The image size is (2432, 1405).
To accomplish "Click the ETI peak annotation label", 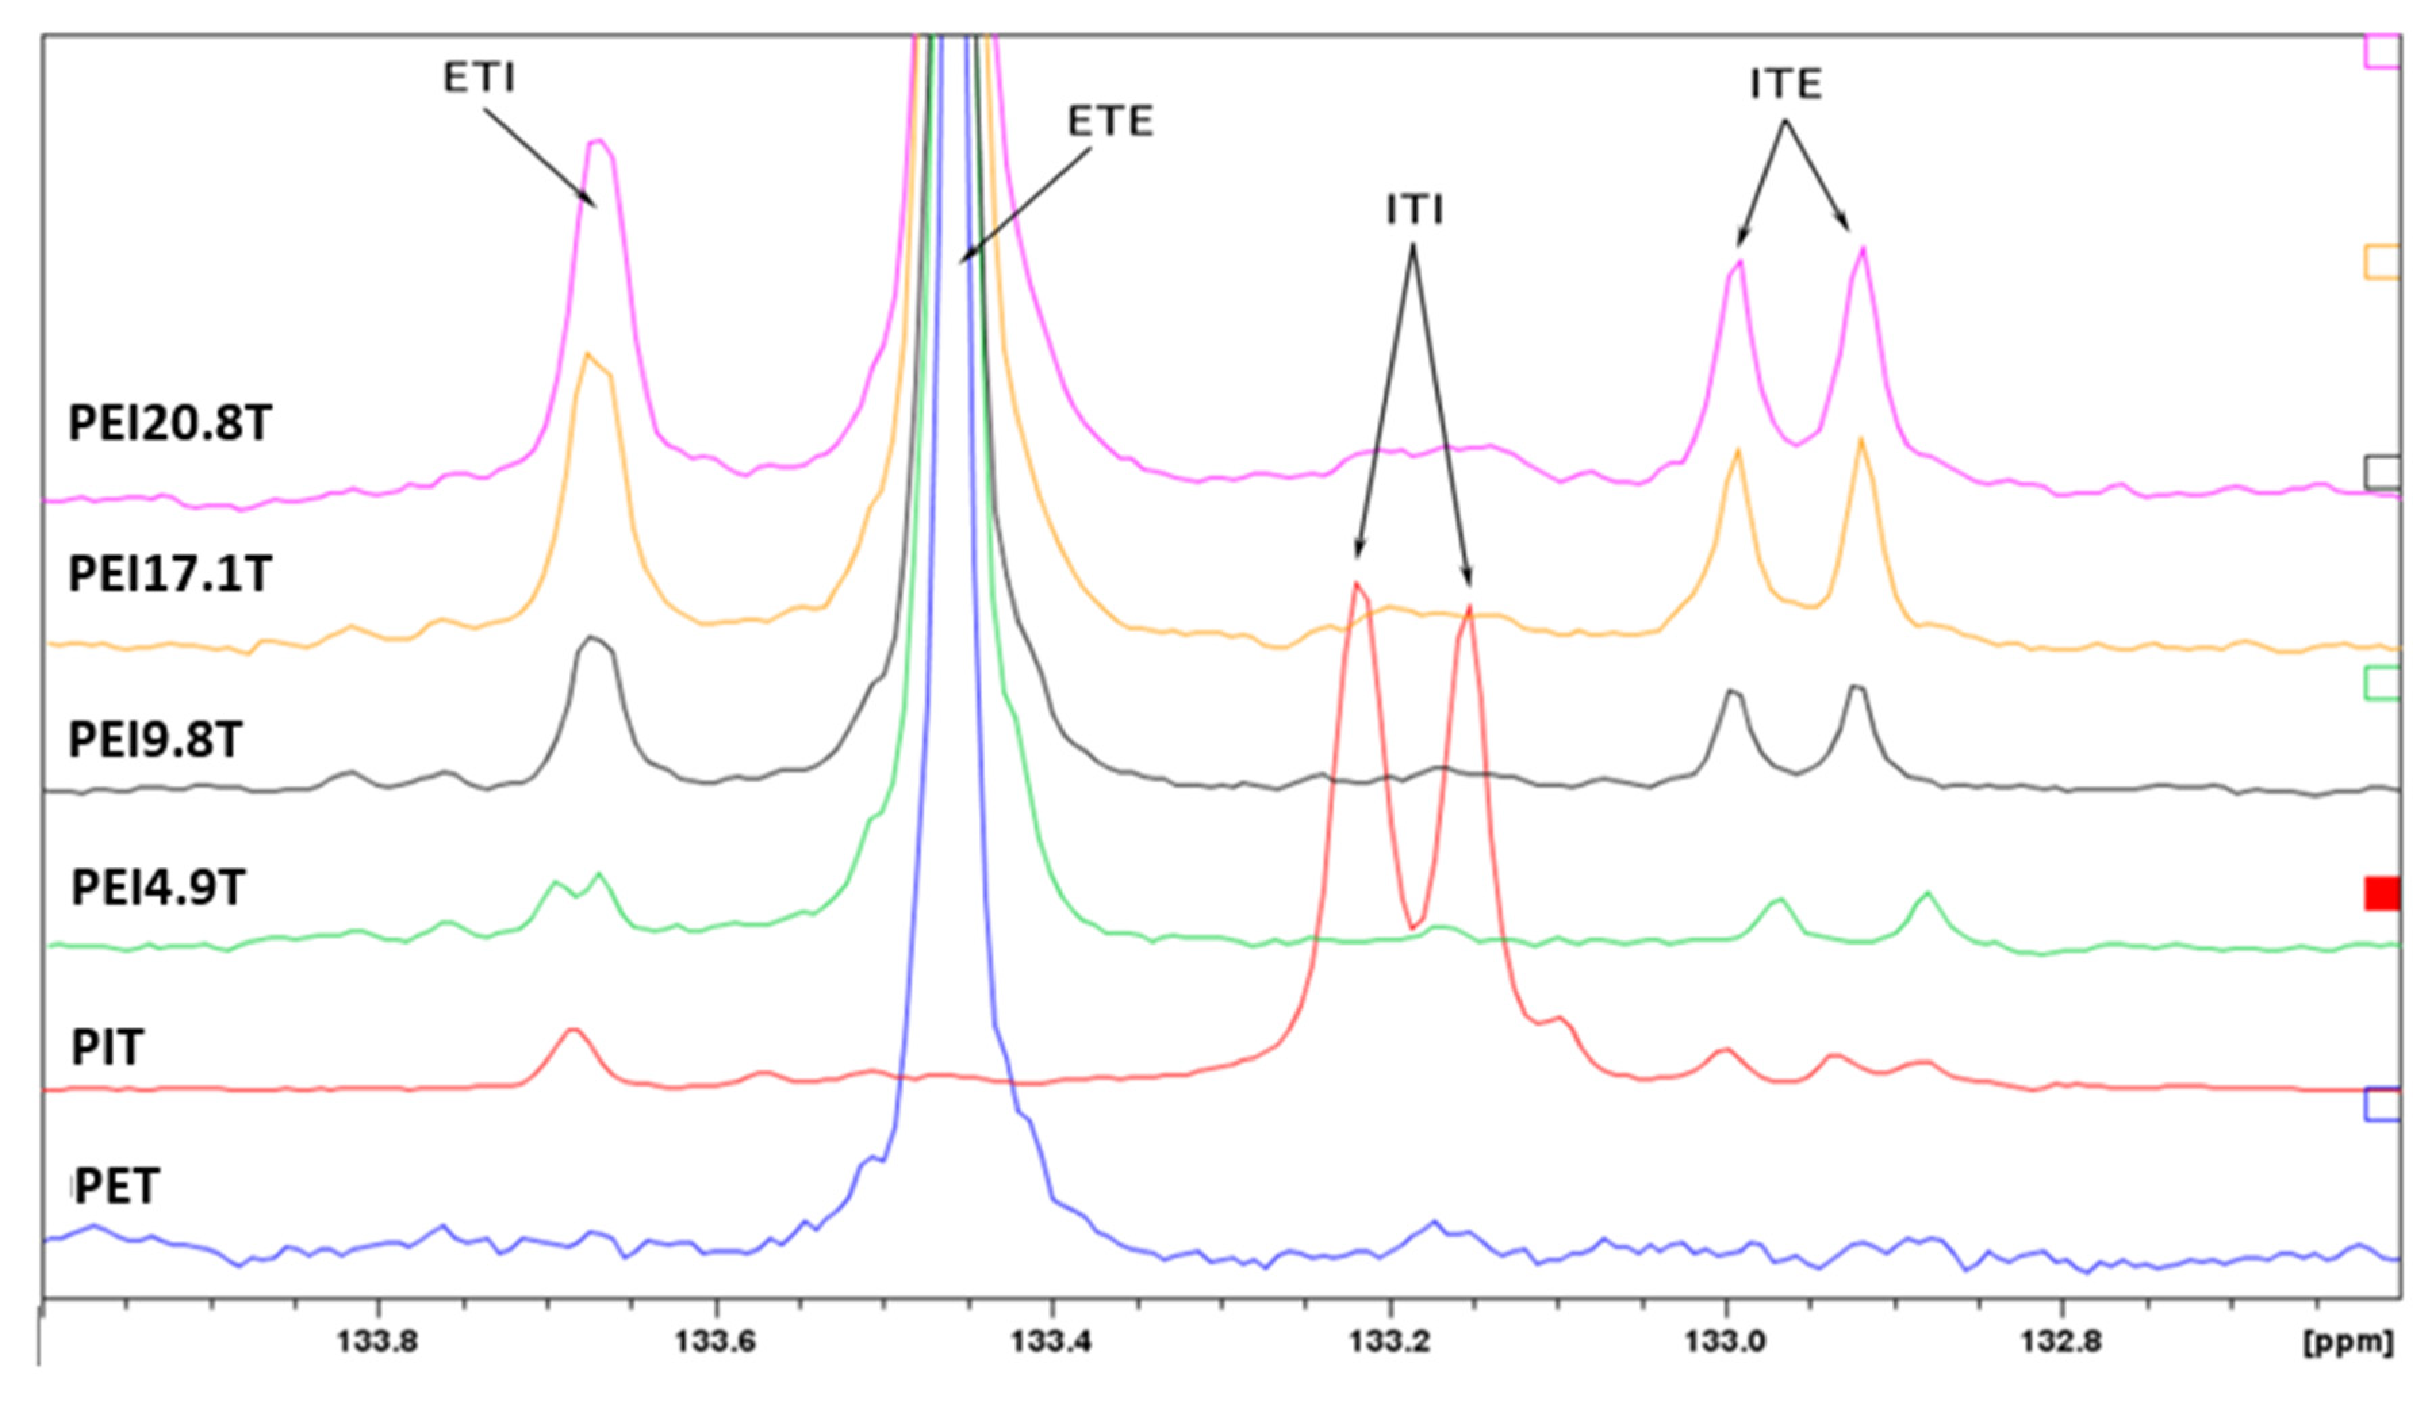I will click(479, 77).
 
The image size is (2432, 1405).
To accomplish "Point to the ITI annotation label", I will click(1414, 210).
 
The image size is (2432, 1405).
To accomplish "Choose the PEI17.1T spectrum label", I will click(170, 574).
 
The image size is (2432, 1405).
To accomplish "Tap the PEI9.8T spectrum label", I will click(154, 740).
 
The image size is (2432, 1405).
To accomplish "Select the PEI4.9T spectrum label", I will click(158, 888).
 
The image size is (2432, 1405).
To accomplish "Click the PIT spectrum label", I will click(107, 1048).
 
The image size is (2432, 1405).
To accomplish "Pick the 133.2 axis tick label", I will click(1390, 1342).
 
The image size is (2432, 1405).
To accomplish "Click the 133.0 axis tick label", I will click(1727, 1342).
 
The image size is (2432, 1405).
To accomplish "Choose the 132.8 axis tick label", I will click(2062, 1342).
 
